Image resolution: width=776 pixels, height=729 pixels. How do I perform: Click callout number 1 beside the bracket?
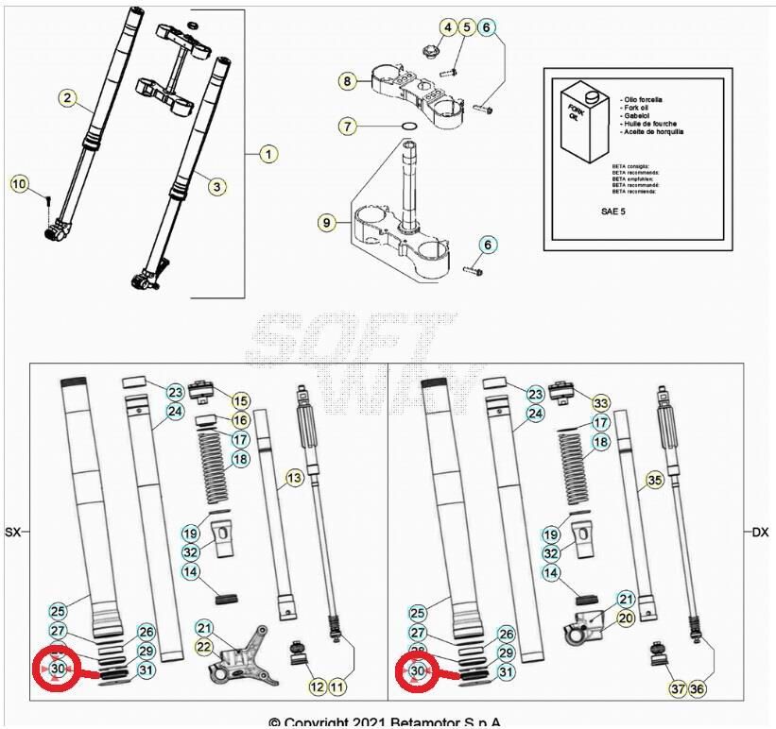point(267,153)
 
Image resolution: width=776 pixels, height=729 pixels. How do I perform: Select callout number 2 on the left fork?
point(67,97)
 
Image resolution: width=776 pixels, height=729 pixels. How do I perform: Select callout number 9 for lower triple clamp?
point(327,224)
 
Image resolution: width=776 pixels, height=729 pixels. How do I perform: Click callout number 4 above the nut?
point(447,27)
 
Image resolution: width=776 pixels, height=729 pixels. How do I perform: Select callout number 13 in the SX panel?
point(294,479)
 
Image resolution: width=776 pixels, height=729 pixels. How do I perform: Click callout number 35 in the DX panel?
point(653,481)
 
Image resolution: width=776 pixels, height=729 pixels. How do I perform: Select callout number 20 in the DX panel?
point(625,617)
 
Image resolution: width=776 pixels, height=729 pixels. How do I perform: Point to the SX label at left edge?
point(13,533)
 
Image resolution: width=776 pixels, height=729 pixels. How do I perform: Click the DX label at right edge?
point(759,533)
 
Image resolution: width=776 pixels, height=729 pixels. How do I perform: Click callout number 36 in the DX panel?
point(697,688)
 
